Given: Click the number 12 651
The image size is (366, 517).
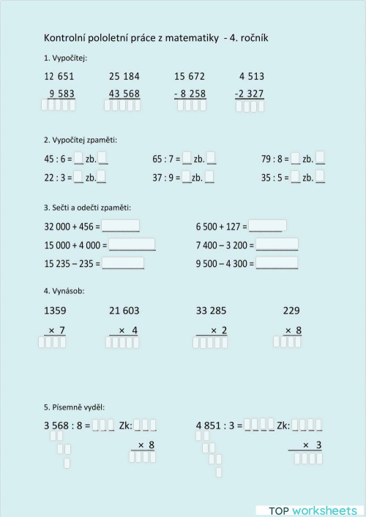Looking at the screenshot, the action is coord(59,76).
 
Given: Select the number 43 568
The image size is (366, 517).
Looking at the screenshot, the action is coord(124,94).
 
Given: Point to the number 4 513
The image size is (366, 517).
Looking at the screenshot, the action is coord(252,76).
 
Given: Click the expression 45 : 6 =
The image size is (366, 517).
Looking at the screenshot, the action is coord(58,159).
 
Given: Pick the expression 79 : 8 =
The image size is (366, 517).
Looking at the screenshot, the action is coord(274,159).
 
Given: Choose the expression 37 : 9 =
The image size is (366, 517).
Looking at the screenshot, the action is coord(166,177).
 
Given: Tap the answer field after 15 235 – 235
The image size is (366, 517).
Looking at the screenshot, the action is coord(124,263).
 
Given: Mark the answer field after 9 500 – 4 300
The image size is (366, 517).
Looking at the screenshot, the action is coord(277,263).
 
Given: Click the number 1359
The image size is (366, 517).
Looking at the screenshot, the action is coord(55,311).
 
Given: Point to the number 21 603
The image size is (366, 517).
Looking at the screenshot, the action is coord(124,311).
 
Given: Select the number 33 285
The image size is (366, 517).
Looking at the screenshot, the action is coord(212,311).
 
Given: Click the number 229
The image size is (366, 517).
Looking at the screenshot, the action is coord(291,311).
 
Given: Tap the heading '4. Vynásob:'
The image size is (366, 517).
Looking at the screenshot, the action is coord(64,290).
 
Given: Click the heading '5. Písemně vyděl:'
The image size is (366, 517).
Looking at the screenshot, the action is coord(74,407).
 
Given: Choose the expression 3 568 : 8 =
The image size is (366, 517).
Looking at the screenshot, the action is coord(67,425).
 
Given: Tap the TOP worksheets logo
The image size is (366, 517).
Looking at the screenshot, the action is coord(308,509).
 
